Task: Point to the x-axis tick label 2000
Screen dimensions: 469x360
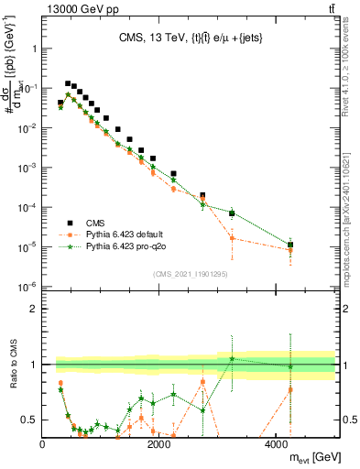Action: (x=159, y=444)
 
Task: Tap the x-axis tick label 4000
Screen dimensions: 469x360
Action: (x=277, y=444)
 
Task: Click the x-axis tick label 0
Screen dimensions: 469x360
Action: (x=43, y=444)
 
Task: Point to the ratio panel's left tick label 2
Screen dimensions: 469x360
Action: (x=33, y=309)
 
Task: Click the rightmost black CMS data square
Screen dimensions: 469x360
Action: (x=289, y=245)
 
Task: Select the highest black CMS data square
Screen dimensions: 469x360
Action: (x=67, y=83)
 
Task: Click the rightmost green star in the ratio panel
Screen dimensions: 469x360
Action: (x=289, y=366)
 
